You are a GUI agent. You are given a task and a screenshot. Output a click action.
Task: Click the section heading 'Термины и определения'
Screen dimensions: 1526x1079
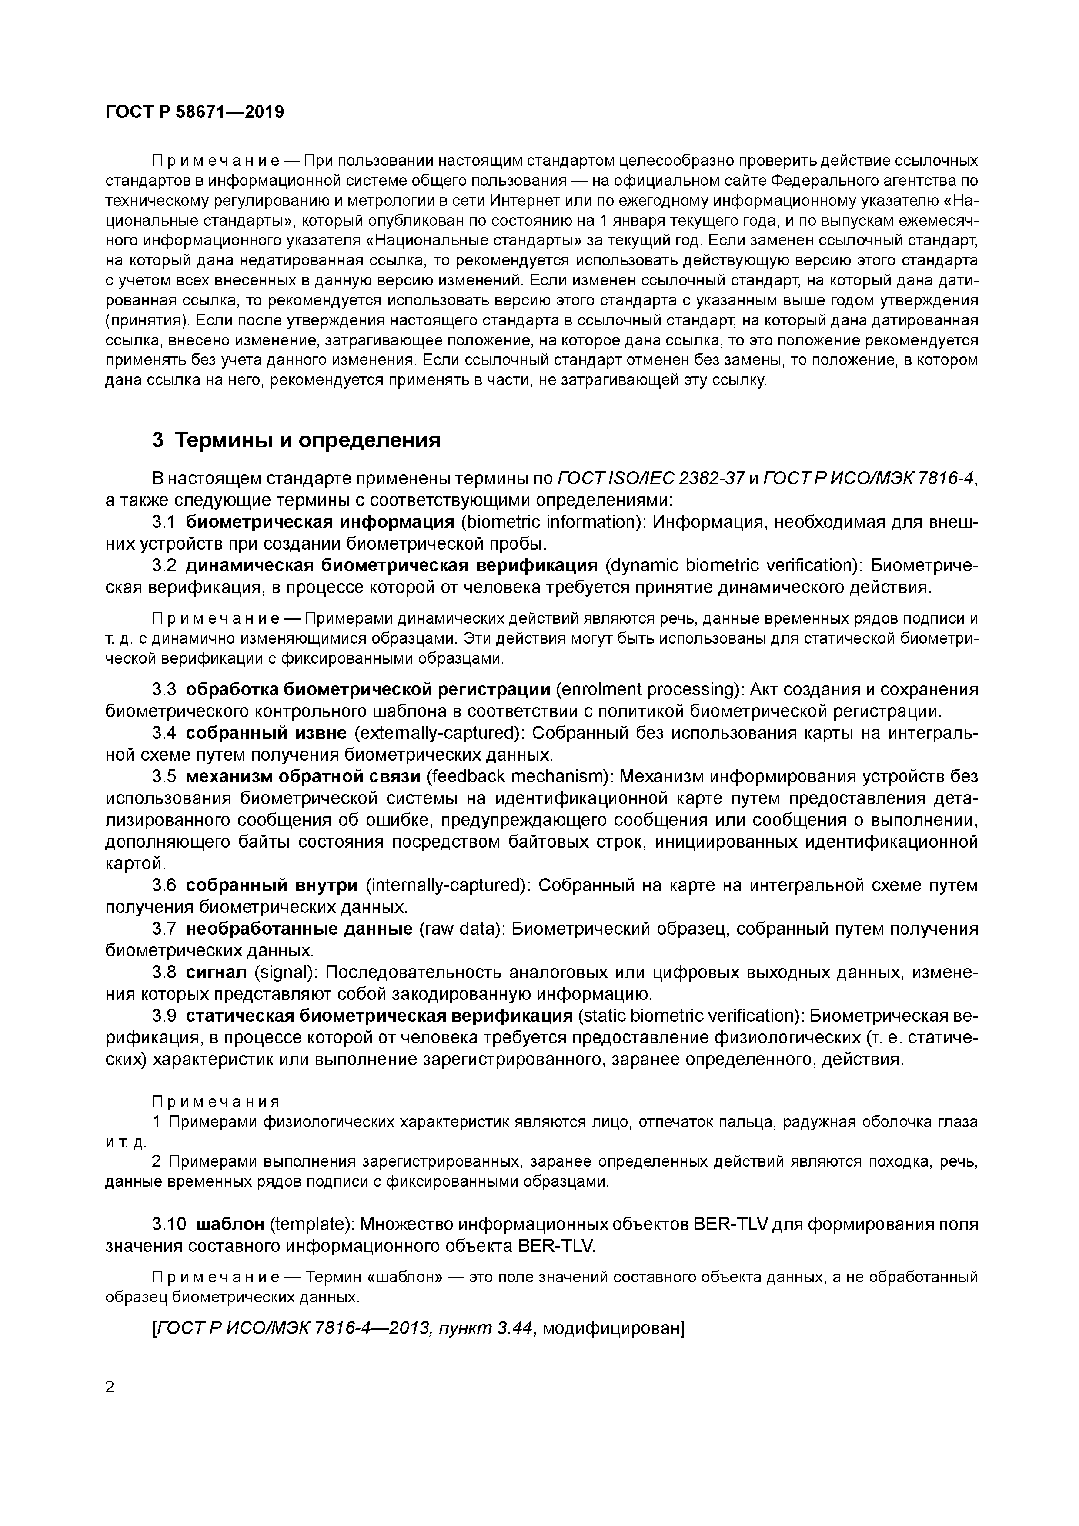pyautogui.click(x=307, y=440)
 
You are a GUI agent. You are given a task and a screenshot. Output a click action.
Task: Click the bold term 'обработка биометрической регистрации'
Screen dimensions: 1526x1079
pyautogui.click(x=368, y=689)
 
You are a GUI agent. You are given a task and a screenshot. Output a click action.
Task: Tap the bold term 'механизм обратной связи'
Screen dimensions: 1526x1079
pyautogui.click(x=303, y=776)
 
